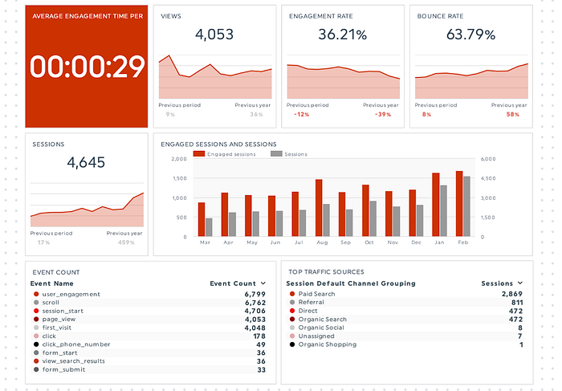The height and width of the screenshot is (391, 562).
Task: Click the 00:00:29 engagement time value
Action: coord(88,67)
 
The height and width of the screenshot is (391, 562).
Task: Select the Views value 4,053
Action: coord(215,35)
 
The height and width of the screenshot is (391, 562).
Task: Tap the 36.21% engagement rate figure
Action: coord(342,35)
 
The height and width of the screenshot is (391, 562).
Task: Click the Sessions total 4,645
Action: coord(87,162)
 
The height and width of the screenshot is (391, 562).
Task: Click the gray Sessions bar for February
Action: coord(466,206)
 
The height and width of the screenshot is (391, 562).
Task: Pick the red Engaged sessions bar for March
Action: coord(202,219)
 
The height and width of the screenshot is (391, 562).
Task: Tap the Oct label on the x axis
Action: coord(369,242)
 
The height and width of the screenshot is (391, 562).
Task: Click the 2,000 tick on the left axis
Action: coord(178,159)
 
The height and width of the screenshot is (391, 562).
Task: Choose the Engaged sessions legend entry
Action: coord(229,153)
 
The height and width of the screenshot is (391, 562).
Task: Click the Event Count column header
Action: coord(233,283)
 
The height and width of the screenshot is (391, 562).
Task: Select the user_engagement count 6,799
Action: coord(253,294)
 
